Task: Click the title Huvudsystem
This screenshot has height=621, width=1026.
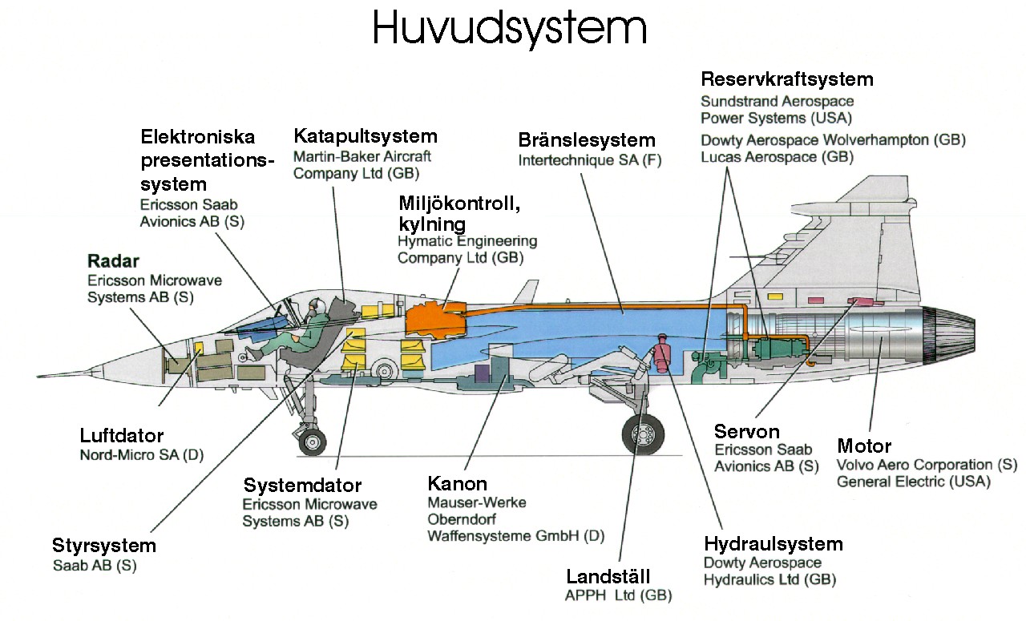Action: point(510,29)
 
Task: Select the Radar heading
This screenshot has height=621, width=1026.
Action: point(113,261)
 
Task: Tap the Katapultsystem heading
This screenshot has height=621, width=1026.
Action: point(366,135)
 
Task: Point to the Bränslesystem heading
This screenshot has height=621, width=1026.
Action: point(587,140)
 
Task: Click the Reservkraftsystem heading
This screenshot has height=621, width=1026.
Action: point(786,79)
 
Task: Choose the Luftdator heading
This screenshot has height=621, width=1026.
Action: point(122,436)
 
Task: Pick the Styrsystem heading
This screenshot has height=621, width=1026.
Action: point(104,546)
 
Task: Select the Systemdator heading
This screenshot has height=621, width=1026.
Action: point(303,486)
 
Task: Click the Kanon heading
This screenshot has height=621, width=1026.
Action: point(458,483)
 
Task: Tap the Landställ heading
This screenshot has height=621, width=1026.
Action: point(608,576)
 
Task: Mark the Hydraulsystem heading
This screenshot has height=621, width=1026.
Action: point(774,544)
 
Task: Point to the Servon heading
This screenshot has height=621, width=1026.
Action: point(747,431)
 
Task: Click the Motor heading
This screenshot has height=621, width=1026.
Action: point(864,446)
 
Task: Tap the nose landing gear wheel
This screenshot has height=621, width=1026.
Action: point(312,441)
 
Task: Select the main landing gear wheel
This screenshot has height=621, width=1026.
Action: point(643,434)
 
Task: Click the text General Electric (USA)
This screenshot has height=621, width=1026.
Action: point(913,482)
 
